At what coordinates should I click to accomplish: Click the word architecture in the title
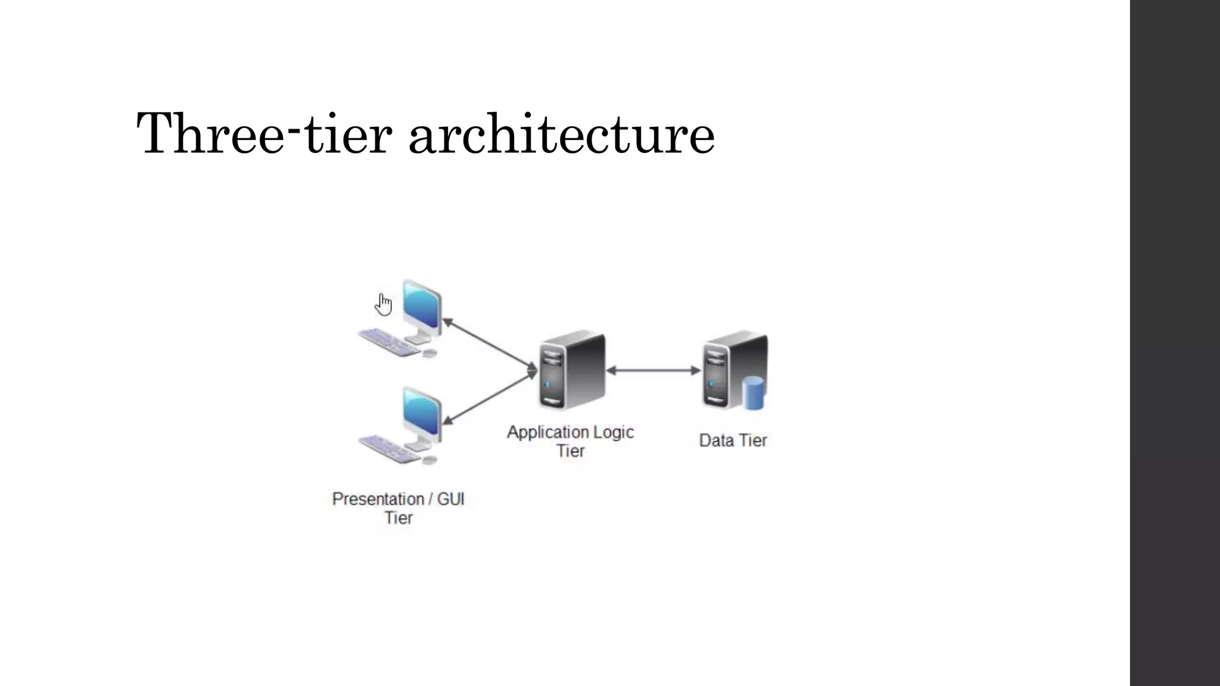pyautogui.click(x=561, y=134)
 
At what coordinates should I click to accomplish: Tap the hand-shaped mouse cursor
pyautogui.click(x=384, y=304)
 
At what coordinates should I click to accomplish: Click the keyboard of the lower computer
pyautogui.click(x=388, y=450)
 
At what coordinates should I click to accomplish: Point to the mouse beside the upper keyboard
pyautogui.click(x=430, y=353)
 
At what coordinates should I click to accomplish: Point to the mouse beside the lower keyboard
pyautogui.click(x=430, y=460)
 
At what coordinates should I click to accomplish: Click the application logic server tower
pyautogui.click(x=572, y=370)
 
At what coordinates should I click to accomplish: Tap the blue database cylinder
pyautogui.click(x=754, y=394)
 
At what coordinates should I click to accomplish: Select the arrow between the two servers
pyautogui.click(x=653, y=370)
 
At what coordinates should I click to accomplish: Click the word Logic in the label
pyautogui.click(x=614, y=432)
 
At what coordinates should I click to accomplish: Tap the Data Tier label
pyautogui.click(x=733, y=441)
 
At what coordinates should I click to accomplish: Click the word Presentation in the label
pyautogui.click(x=378, y=499)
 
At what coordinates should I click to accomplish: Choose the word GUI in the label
pyautogui.click(x=450, y=499)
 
